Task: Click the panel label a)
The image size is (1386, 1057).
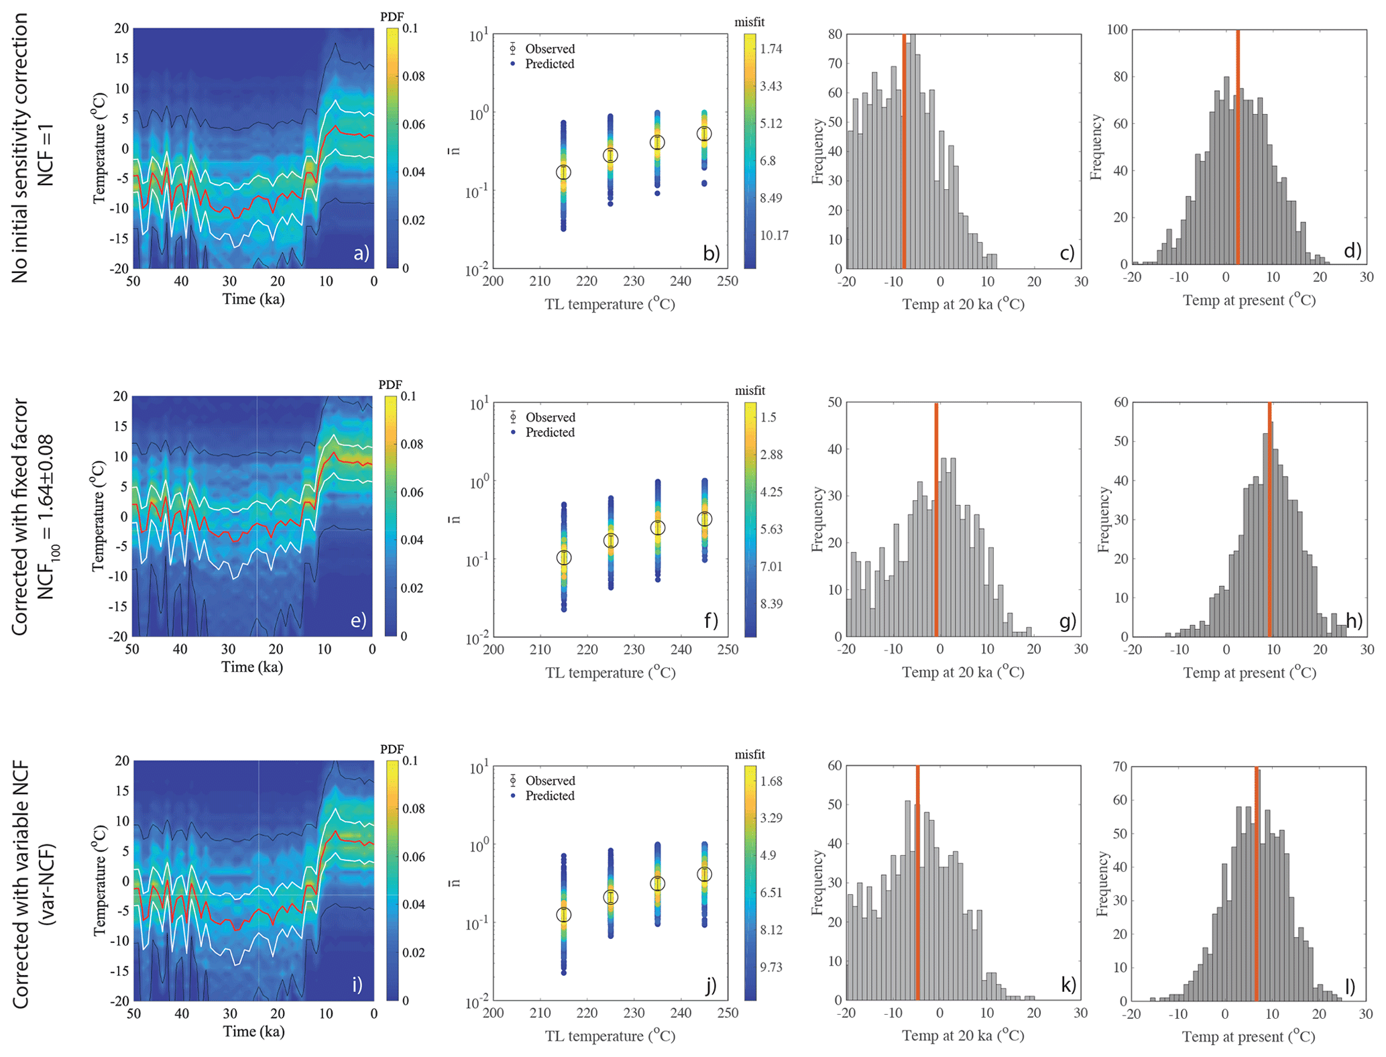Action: (x=361, y=254)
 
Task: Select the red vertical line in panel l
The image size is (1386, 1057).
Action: (x=1256, y=883)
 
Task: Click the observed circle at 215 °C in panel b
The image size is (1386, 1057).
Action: (x=563, y=172)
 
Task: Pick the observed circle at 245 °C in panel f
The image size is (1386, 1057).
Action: (x=704, y=519)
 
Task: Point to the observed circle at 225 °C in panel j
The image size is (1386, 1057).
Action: (x=610, y=897)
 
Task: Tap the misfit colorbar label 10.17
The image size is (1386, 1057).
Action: (x=774, y=235)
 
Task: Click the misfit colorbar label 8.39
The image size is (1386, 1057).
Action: (x=771, y=604)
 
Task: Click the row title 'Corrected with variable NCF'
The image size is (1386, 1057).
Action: (x=20, y=884)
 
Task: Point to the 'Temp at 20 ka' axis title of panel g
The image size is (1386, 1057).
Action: (x=963, y=672)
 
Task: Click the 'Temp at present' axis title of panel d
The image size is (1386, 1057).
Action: (x=1249, y=300)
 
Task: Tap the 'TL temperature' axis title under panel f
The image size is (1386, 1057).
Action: (x=610, y=673)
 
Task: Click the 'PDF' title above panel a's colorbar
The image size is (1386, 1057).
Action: (x=392, y=16)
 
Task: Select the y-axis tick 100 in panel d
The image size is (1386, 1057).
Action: (x=1118, y=30)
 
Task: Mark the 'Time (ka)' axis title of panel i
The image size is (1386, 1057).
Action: (x=253, y=1032)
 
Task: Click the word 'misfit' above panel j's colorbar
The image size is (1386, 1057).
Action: (x=749, y=755)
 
